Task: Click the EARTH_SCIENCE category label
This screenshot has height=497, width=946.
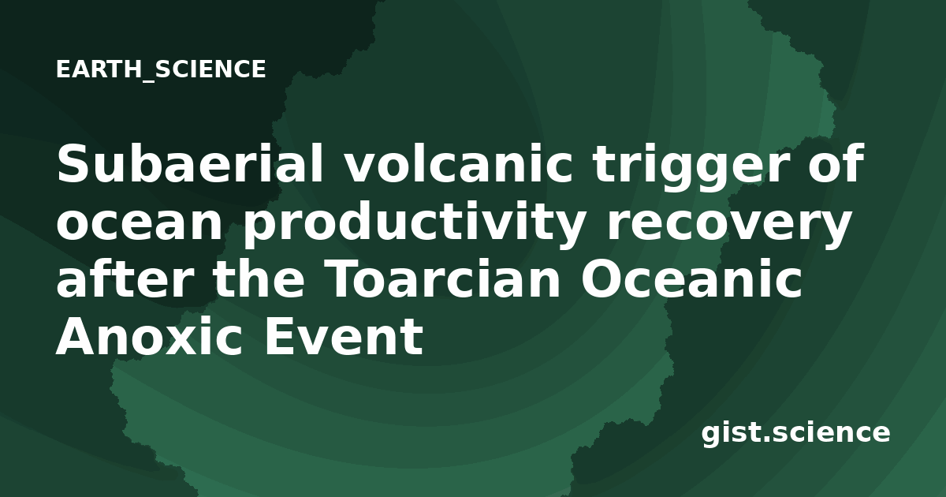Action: coord(161,69)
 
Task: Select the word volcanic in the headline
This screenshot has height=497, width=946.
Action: coord(458,163)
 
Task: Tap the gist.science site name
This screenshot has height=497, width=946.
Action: coord(795,434)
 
